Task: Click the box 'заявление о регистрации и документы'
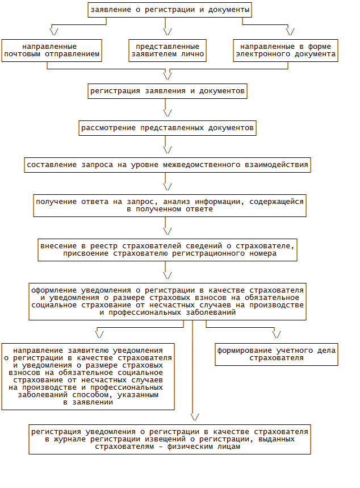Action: (x=169, y=10)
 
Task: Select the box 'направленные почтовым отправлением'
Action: (x=52, y=51)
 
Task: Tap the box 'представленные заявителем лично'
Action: (x=168, y=51)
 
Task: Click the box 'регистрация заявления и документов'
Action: (x=168, y=91)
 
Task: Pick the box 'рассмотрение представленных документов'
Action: (x=168, y=128)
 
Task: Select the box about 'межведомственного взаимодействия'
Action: (x=168, y=165)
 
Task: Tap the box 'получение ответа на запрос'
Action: (x=169, y=205)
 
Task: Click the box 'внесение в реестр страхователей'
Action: (x=168, y=249)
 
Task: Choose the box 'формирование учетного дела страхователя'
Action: (x=277, y=354)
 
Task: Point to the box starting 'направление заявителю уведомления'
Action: (x=87, y=376)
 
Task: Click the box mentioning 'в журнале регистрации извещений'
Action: (x=170, y=439)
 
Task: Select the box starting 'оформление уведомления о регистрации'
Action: (x=168, y=301)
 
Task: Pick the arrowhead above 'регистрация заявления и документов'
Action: (x=168, y=74)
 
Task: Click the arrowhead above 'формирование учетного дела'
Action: (x=277, y=334)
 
